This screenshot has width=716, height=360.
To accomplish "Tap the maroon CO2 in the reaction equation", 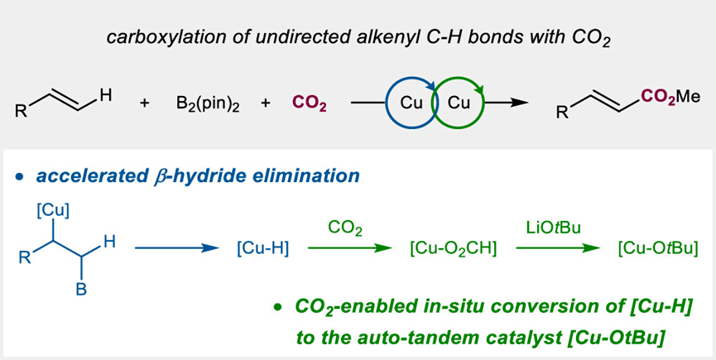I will pyautogui.click(x=310, y=105).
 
